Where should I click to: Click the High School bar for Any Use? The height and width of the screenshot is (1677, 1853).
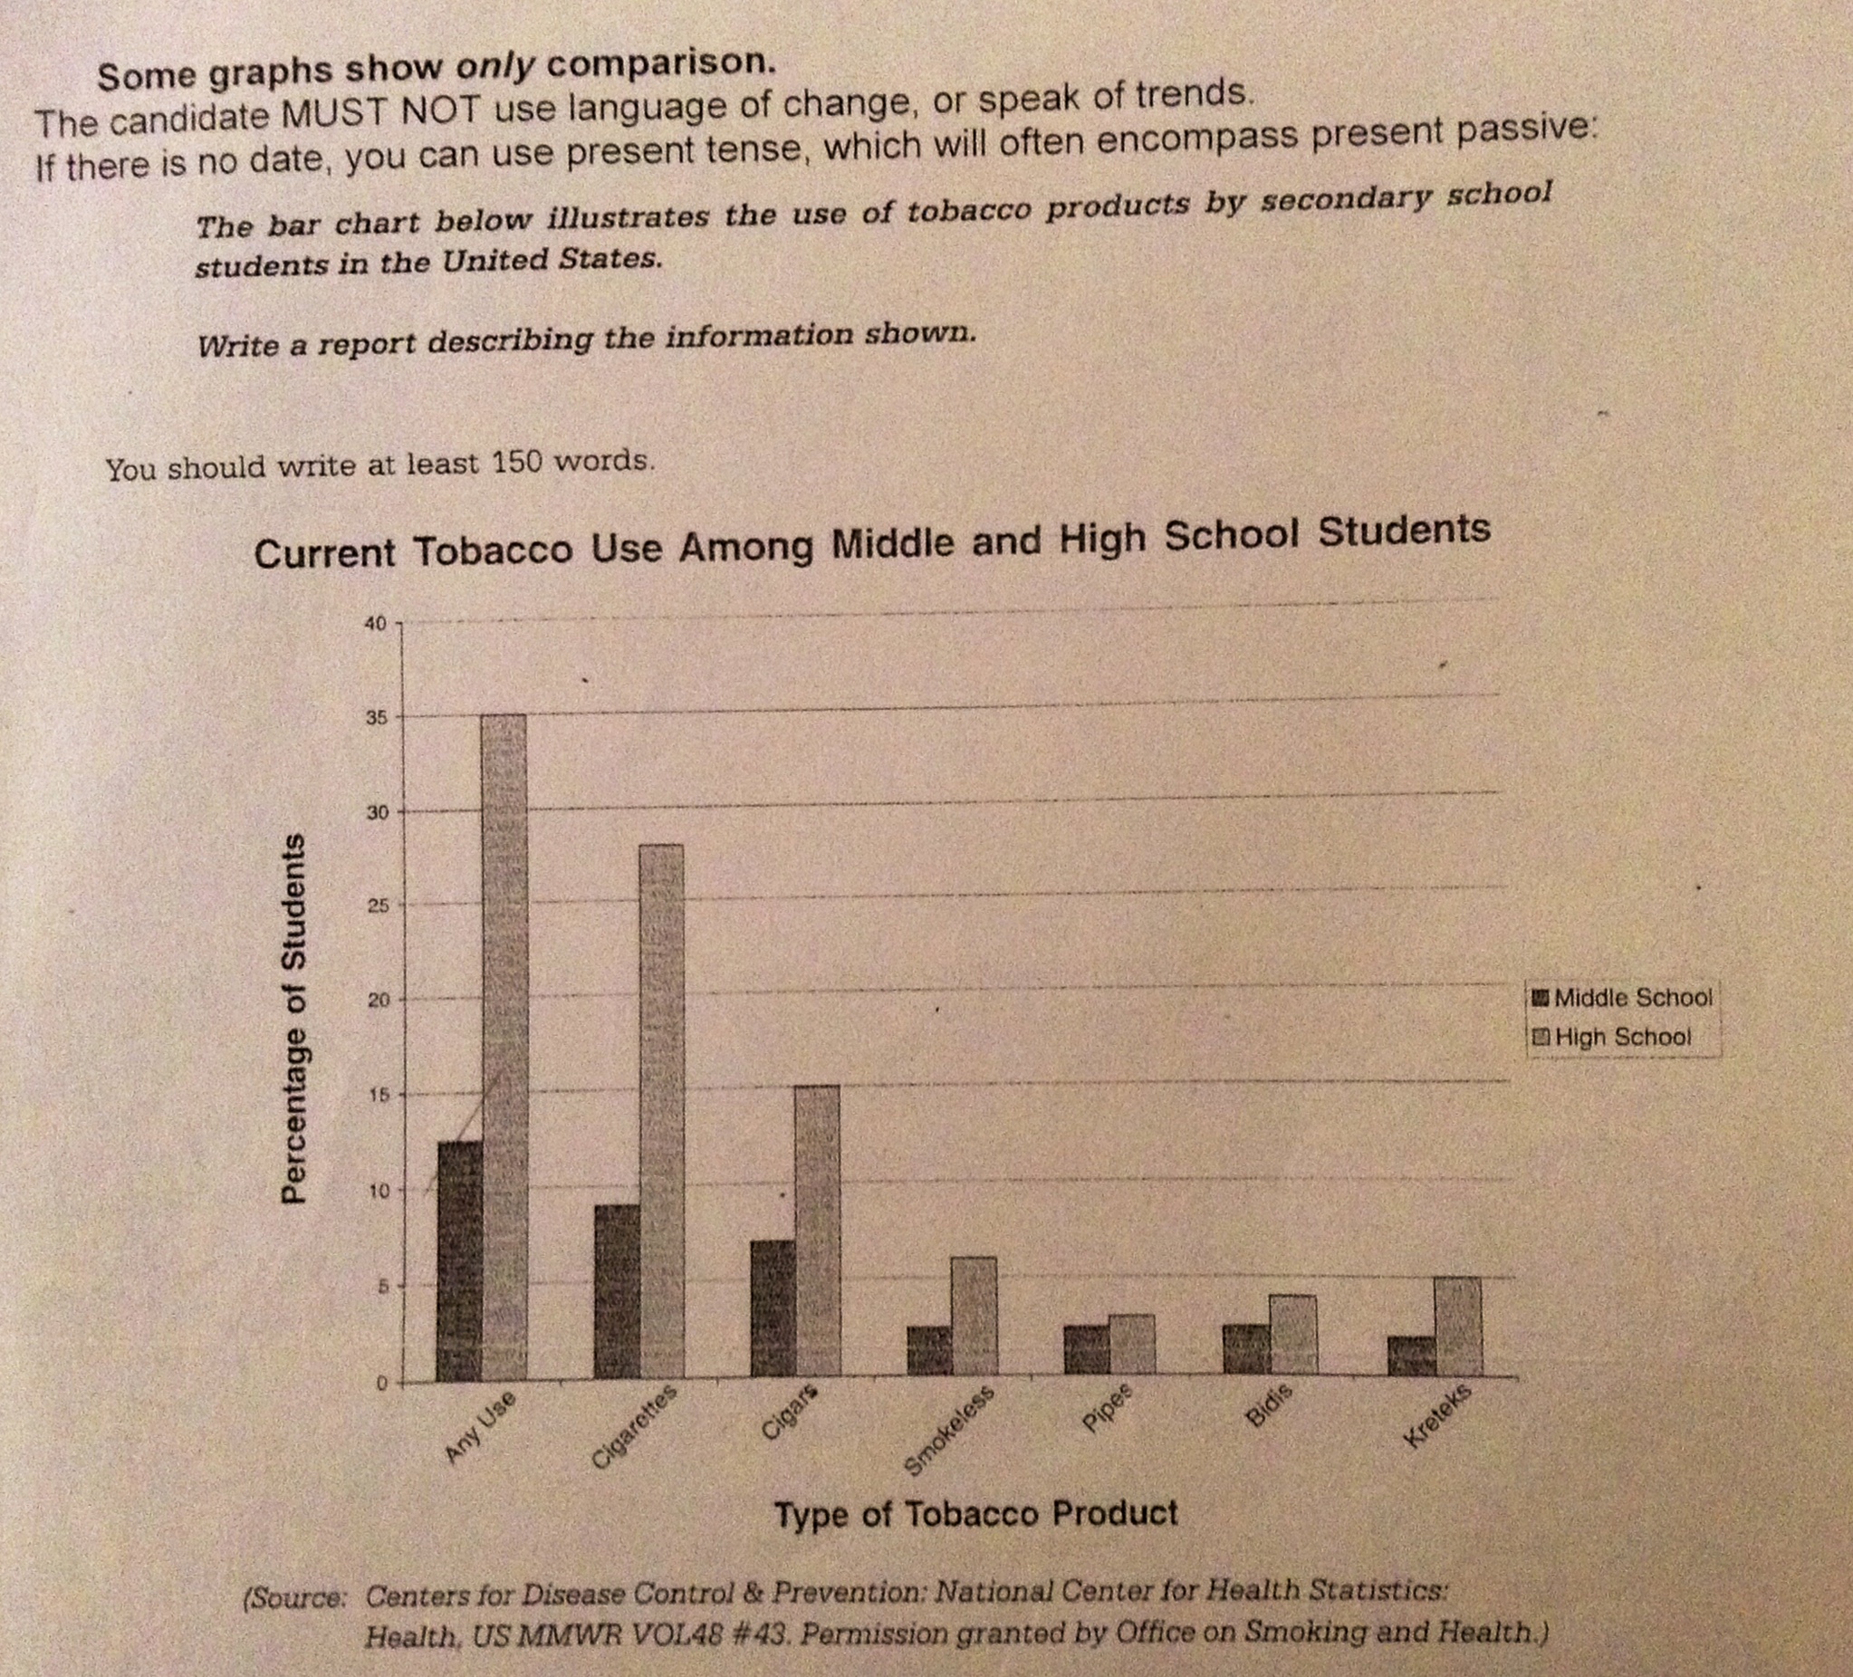pyautogui.click(x=504, y=1048)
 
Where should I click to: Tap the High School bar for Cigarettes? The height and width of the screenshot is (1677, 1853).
pyautogui.click(x=661, y=1112)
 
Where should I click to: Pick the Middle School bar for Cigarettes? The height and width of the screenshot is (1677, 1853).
pyautogui.click(x=617, y=1292)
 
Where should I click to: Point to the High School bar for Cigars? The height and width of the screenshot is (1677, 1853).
pyautogui.click(x=816, y=1232)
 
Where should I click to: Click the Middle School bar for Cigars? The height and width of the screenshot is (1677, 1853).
pyautogui.click(x=773, y=1310)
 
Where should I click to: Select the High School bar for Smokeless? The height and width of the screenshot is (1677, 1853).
pyautogui.click(x=974, y=1318)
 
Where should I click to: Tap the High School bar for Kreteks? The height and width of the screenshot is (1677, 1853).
pyautogui.click(x=1457, y=1327)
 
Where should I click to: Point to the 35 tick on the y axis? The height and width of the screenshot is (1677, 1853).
pyautogui.click(x=375, y=718)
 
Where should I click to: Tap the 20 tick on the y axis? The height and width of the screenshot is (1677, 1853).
pyautogui.click(x=375, y=1001)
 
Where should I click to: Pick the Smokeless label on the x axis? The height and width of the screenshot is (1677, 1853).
pyautogui.click(x=948, y=1430)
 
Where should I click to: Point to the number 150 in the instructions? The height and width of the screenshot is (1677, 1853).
pyautogui.click(x=516, y=462)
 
